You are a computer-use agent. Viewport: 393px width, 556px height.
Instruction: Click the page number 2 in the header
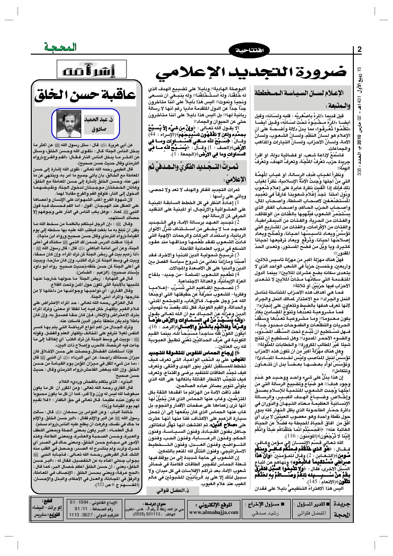tap(359, 50)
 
